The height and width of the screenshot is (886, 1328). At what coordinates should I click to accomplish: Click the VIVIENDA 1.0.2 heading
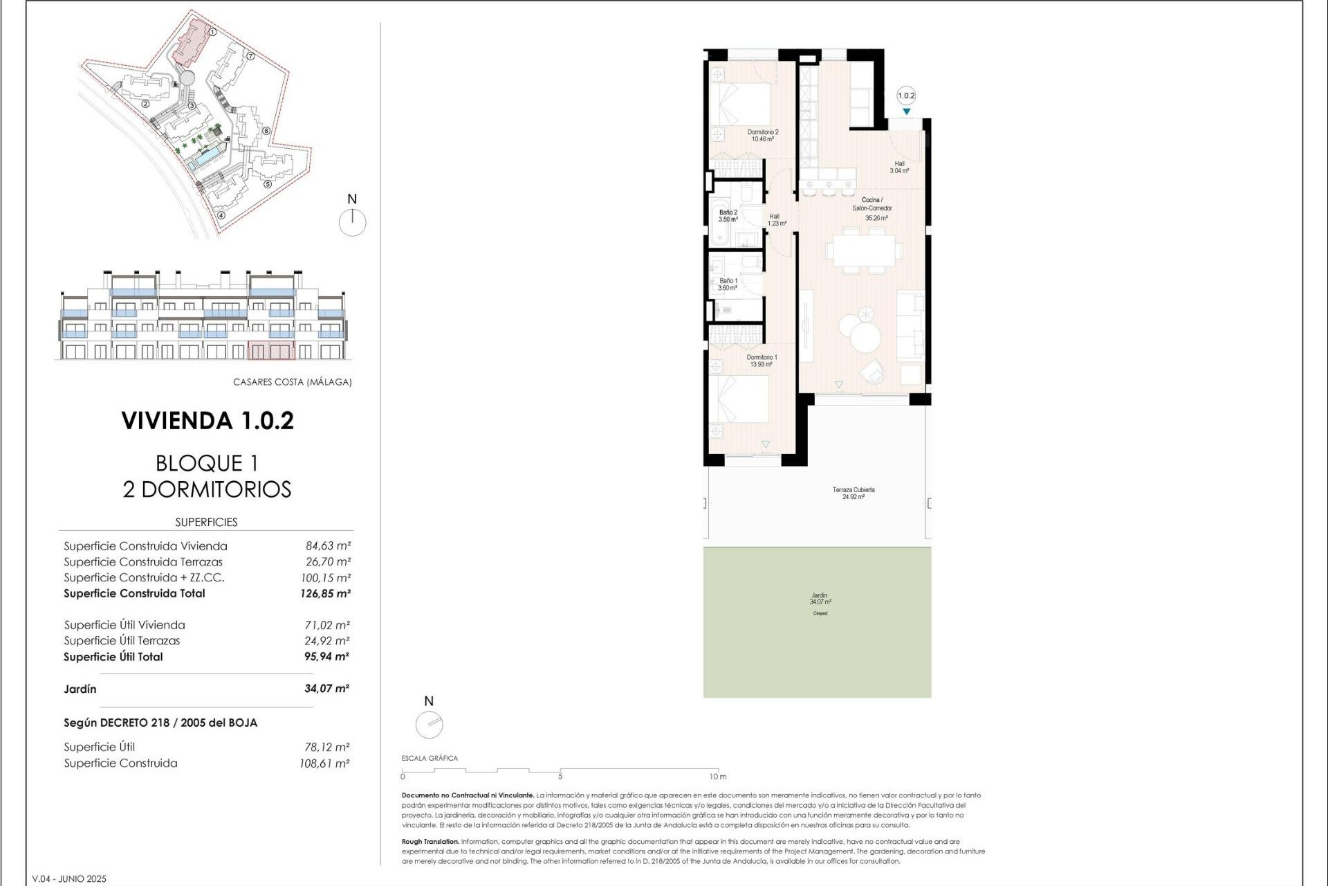click(x=207, y=421)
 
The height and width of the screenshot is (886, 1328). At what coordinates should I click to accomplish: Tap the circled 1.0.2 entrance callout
click(x=905, y=96)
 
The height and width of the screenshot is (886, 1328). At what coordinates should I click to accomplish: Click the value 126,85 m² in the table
click(x=325, y=594)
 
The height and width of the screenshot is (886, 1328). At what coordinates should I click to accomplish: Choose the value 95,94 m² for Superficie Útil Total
click(x=326, y=657)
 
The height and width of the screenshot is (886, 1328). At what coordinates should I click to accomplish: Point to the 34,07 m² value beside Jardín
click(x=326, y=689)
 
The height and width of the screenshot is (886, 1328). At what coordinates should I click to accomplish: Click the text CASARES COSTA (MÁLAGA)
click(x=292, y=382)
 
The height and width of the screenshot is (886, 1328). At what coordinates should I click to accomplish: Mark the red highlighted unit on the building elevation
click(x=271, y=350)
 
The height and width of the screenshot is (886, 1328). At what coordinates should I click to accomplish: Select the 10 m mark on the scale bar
click(x=717, y=777)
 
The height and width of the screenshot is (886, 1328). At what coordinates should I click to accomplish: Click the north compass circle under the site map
click(x=352, y=223)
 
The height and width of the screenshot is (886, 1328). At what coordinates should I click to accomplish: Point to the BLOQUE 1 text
click(x=207, y=463)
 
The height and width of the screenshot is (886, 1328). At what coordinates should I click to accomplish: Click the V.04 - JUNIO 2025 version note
click(x=69, y=879)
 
